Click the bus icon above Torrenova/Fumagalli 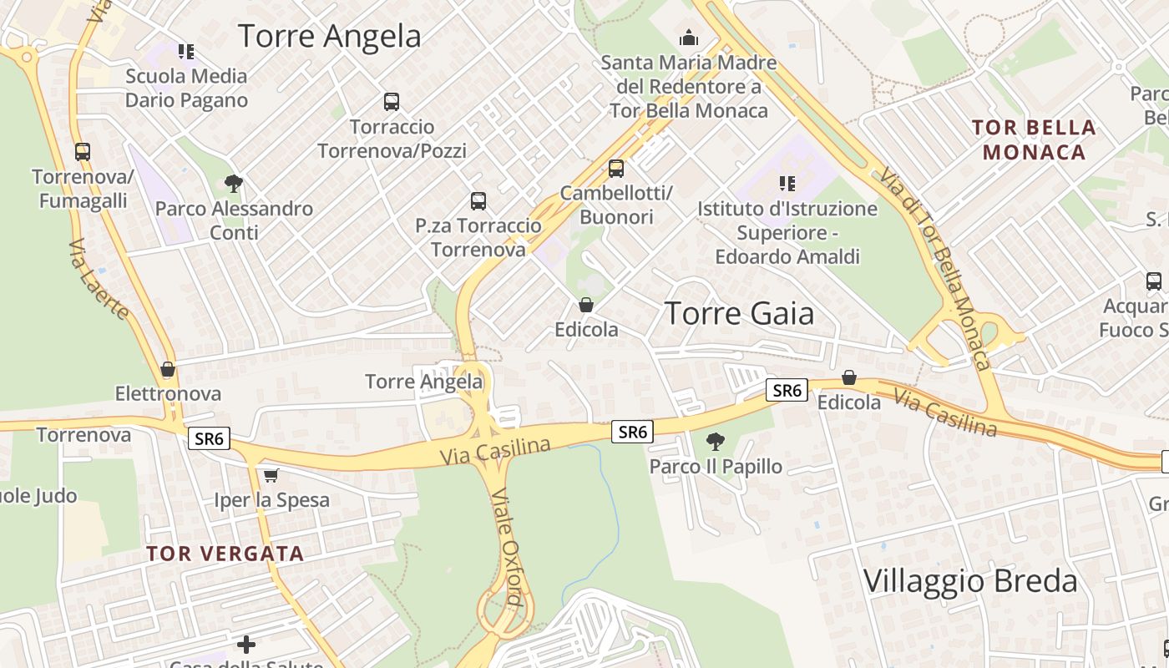pyautogui.click(x=82, y=152)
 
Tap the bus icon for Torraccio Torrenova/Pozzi pyautogui.click(x=391, y=102)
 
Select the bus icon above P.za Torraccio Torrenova pyautogui.click(x=478, y=200)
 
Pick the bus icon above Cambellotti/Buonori pyautogui.click(x=615, y=169)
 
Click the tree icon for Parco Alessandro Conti pyautogui.click(x=234, y=184)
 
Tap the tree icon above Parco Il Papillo pyautogui.click(x=715, y=441)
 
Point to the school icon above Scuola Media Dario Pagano pyautogui.click(x=186, y=52)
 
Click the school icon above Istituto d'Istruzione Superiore pyautogui.click(x=787, y=183)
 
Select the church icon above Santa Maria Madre pyautogui.click(x=688, y=38)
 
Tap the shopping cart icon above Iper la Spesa pyautogui.click(x=271, y=476)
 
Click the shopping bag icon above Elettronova pyautogui.click(x=168, y=369)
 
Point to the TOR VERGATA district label pyautogui.click(x=225, y=554)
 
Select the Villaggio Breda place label pyautogui.click(x=970, y=581)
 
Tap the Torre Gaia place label pyautogui.click(x=739, y=313)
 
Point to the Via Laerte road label pyautogui.click(x=99, y=279)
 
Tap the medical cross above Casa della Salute pyautogui.click(x=245, y=644)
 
